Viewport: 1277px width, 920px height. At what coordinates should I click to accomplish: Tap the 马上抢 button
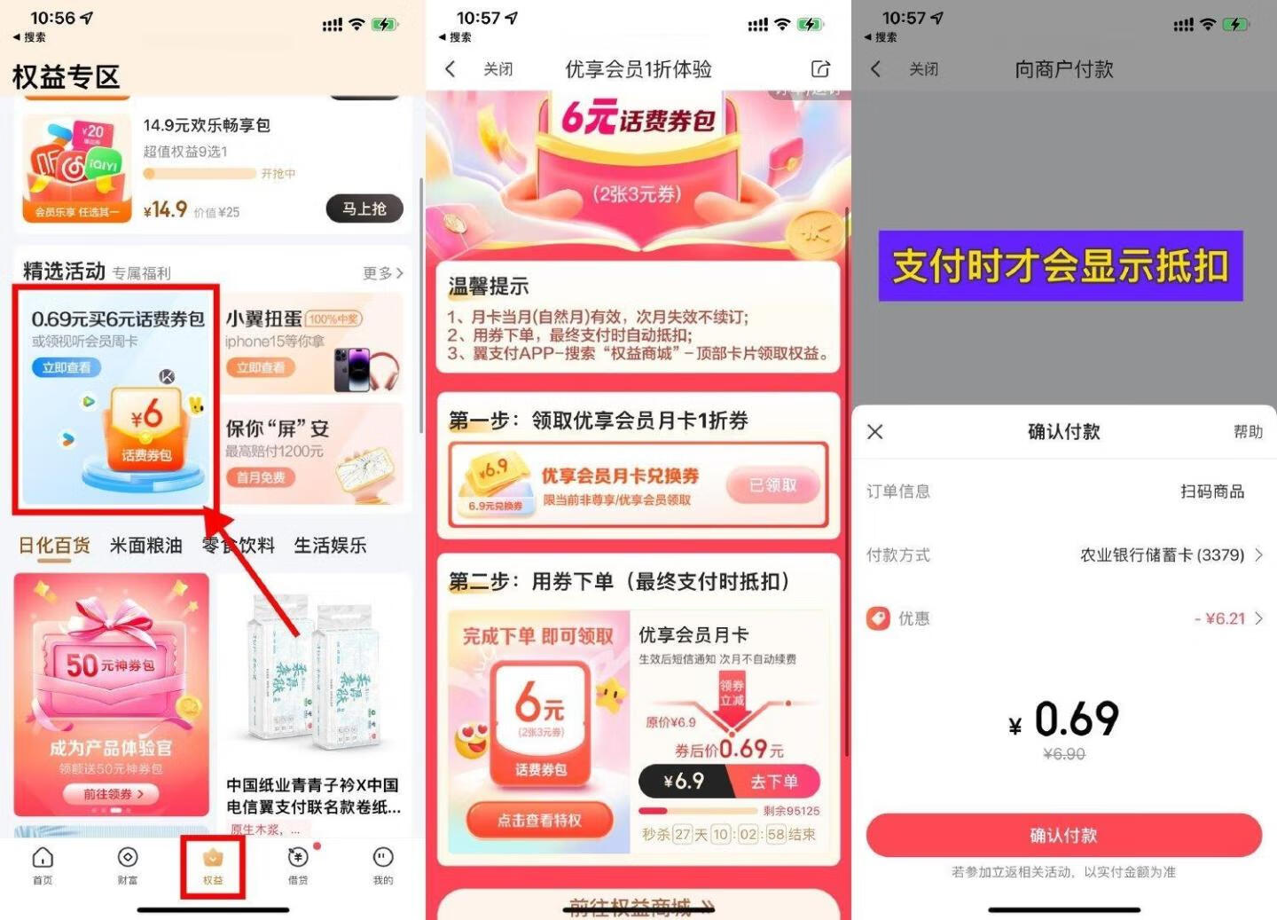coord(364,208)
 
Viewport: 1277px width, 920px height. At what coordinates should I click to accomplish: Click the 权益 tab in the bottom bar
coord(213,865)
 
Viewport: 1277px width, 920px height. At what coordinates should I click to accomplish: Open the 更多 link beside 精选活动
coord(382,273)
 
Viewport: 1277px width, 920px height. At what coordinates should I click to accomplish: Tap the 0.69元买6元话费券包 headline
coord(118,319)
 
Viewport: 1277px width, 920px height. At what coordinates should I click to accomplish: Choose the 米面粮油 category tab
coord(146,546)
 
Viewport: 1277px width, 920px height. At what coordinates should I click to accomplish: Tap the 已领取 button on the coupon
coord(772,485)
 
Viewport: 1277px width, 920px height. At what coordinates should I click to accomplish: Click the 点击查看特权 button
coord(539,821)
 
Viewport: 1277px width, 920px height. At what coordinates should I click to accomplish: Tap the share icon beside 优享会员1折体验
coord(820,69)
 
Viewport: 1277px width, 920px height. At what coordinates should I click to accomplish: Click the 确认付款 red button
coord(1063,835)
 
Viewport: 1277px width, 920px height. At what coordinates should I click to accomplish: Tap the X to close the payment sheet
coord(875,432)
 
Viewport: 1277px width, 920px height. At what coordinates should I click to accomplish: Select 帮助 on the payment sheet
coord(1248,432)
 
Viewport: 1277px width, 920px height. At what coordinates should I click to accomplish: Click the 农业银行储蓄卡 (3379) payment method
coord(1162,555)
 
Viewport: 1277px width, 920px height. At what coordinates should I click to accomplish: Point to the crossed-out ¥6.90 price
coord(1064,754)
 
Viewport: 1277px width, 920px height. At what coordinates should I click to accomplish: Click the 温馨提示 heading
coord(489,287)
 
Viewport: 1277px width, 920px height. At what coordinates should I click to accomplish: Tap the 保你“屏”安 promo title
coord(278,429)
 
